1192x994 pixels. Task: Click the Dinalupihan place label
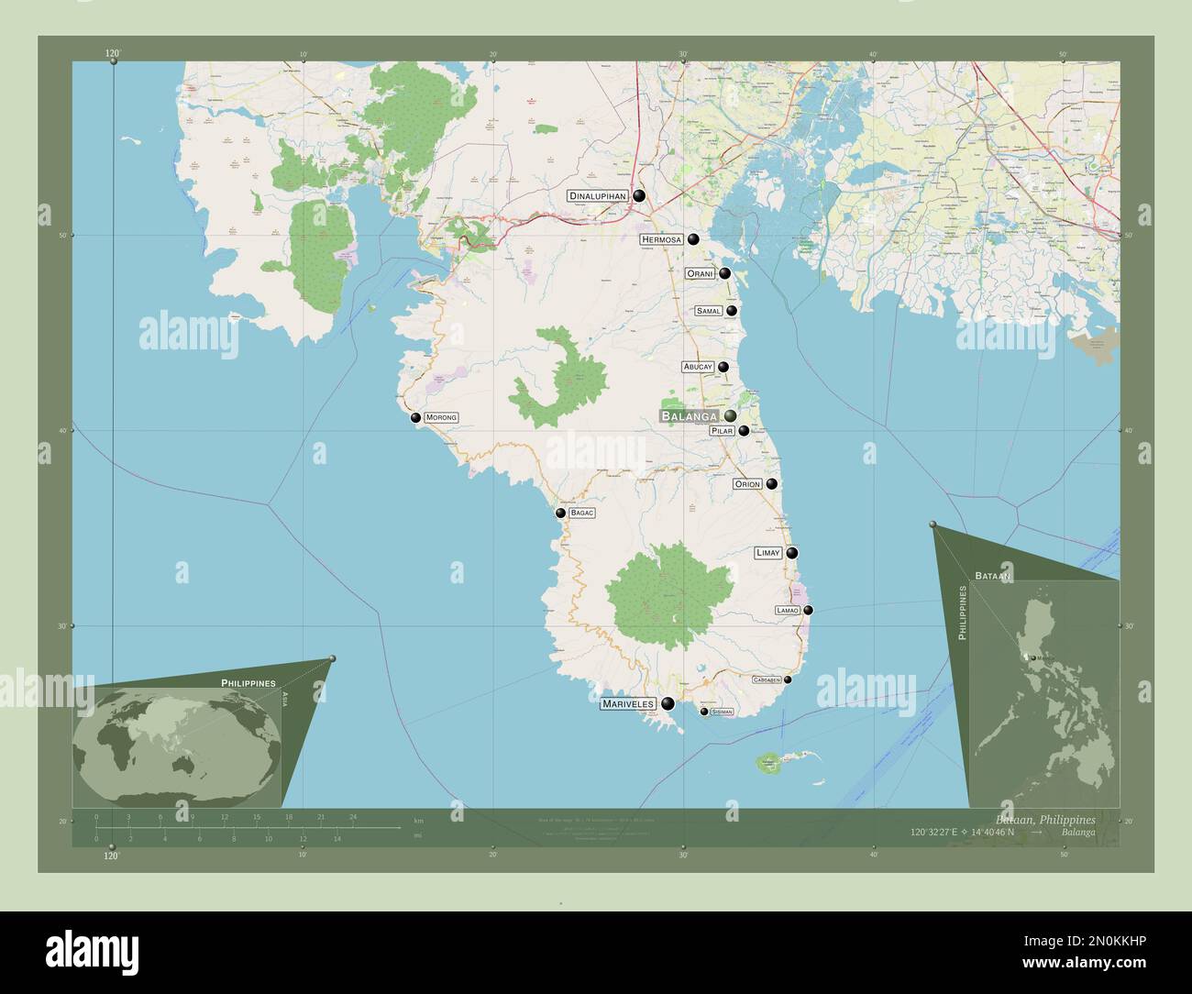point(597,196)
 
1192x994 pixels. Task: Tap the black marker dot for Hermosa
point(694,239)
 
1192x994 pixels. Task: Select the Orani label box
point(701,273)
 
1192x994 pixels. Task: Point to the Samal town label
point(709,311)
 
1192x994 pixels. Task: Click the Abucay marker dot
point(723,367)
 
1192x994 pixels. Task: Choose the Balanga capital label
point(689,416)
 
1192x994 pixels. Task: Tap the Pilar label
point(723,431)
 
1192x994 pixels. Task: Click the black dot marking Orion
point(772,484)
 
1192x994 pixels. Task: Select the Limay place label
point(767,553)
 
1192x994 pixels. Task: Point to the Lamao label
point(788,610)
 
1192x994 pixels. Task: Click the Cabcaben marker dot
point(788,679)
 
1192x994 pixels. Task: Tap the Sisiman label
point(723,712)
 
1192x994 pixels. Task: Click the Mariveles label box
point(628,704)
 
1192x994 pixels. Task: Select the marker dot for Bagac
point(560,514)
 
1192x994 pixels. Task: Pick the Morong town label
point(441,417)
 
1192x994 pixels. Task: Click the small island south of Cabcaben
point(767,762)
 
